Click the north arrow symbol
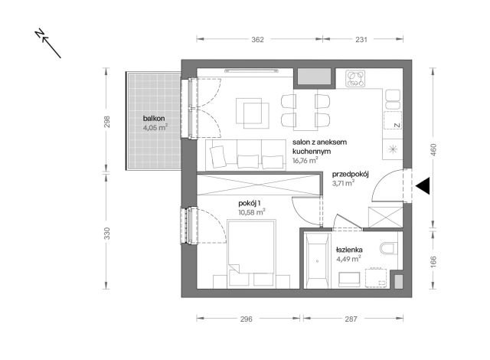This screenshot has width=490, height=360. click(47, 44)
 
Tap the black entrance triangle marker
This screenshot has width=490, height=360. click(423, 185)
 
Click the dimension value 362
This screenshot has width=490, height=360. click(257, 40)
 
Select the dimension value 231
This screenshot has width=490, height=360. click(361, 40)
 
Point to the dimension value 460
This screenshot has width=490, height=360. click(433, 149)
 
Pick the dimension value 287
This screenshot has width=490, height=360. click(351, 319)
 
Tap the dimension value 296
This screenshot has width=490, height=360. click(247, 319)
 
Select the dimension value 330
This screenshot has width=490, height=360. click(106, 233)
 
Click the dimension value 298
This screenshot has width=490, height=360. click(106, 122)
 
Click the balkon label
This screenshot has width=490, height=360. click(154, 119)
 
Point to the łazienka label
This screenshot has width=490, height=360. click(349, 250)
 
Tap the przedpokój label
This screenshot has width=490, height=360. click(351, 175)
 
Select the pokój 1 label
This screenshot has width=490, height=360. click(250, 204)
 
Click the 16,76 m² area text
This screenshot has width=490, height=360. click(305, 160)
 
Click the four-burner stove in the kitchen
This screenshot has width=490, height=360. click(355, 79)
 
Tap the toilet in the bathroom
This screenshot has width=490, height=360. click(389, 248)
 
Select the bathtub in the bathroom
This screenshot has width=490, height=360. click(317, 260)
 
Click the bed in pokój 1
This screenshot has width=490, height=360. click(252, 253)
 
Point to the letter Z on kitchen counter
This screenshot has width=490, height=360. click(397, 125)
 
